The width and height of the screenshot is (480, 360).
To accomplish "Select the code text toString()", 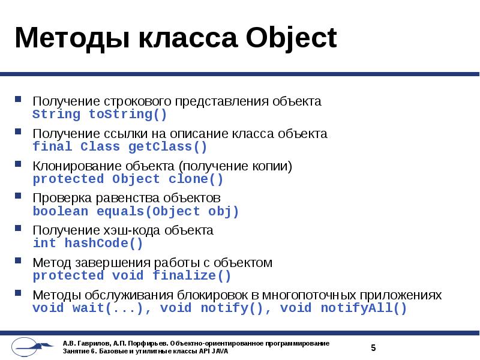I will tap(128, 114).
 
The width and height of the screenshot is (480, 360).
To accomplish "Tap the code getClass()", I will tap(167, 146).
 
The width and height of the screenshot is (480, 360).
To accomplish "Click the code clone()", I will tap(196, 179).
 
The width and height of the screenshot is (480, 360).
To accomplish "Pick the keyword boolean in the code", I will tap(60, 211).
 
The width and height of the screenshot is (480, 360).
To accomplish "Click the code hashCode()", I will tap(103, 243).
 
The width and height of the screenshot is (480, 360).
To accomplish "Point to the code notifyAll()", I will tap(364, 308).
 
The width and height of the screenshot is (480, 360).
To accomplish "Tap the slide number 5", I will tap(373, 347).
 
